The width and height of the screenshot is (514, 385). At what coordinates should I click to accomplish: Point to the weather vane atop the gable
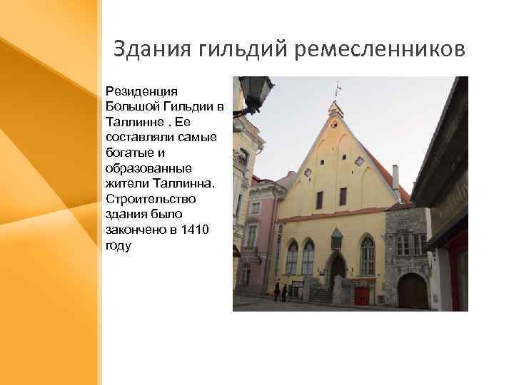[338, 88]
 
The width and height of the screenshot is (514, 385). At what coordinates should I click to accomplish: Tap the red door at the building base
[362, 295]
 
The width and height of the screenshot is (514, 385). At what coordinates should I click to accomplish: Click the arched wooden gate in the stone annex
[413, 291]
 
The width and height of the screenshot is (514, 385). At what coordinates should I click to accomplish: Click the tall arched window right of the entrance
[367, 256]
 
